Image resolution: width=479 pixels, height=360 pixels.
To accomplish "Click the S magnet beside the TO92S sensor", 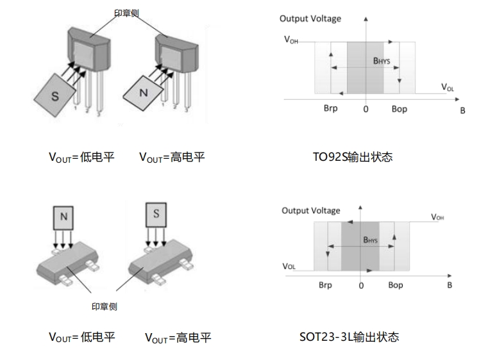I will (55, 96).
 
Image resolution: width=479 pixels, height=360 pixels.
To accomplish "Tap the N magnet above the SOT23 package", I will (63, 217).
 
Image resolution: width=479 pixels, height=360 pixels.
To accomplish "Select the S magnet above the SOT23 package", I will (156, 214).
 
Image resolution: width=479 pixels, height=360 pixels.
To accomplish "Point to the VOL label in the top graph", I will (448, 86).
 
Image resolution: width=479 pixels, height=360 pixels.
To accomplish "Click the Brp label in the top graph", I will (330, 109).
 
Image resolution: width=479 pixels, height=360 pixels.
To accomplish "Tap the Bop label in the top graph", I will (399, 109).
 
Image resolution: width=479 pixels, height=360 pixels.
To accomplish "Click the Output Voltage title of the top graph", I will (310, 19).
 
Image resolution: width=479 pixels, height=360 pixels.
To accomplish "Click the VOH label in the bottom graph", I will (437, 217).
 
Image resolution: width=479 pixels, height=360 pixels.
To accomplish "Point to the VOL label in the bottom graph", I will (289, 265).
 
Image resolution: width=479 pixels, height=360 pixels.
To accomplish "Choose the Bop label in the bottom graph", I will (396, 285).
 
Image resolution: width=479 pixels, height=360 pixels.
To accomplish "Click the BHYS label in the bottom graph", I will (371, 240).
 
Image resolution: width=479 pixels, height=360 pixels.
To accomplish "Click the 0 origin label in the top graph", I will (366, 110).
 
